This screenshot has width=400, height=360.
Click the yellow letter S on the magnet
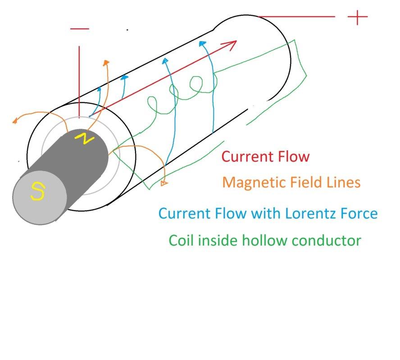coord(37,192)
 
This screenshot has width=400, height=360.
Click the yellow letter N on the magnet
coord(84,139)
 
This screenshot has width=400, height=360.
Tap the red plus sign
coord(358,17)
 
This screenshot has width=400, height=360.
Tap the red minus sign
coord(80,29)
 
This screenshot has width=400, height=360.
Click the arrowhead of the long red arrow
coord(232,44)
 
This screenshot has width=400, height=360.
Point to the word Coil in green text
coord(182,240)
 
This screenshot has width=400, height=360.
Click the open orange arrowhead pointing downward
coord(164,183)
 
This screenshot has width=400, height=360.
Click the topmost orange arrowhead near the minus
coord(106,63)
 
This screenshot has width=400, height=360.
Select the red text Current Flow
coord(266,157)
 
